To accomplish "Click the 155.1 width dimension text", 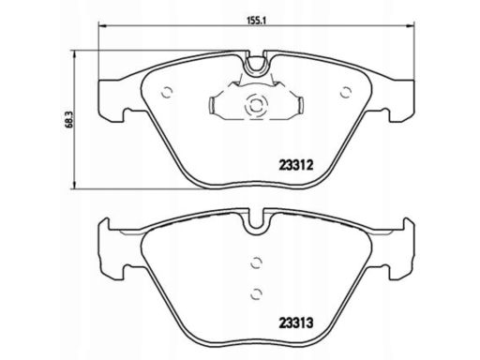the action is (256, 21).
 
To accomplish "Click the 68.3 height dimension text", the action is (69, 119).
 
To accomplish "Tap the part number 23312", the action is (295, 165).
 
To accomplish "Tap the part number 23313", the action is (295, 322).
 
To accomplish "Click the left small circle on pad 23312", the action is (167, 92).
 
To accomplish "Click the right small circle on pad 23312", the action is (346, 92).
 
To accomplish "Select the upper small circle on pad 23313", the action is (256, 262).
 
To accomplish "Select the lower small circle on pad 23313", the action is (256, 293).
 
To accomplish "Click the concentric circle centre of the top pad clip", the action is (256, 106).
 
